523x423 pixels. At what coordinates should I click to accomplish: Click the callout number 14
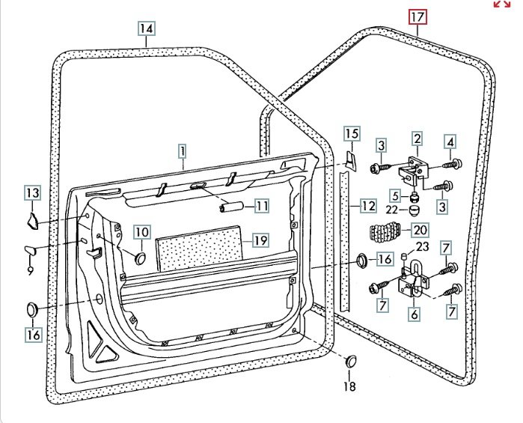[146, 29]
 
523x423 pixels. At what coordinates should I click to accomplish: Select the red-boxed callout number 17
[417, 16]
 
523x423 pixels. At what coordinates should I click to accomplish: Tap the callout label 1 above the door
[182, 150]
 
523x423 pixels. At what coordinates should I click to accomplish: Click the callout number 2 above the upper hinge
[417, 139]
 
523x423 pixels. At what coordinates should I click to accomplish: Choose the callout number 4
[450, 141]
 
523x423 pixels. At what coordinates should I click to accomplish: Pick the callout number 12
[367, 205]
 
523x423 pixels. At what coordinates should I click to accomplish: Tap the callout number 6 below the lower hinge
[414, 314]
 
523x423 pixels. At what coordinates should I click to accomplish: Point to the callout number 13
[32, 194]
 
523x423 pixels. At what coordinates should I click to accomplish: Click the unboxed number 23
[421, 246]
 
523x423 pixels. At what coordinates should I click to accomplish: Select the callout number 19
[260, 240]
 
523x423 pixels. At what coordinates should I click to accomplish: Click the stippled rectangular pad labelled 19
[199, 252]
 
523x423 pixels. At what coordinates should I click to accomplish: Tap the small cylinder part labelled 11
[231, 207]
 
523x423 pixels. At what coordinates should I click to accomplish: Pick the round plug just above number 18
[350, 362]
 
